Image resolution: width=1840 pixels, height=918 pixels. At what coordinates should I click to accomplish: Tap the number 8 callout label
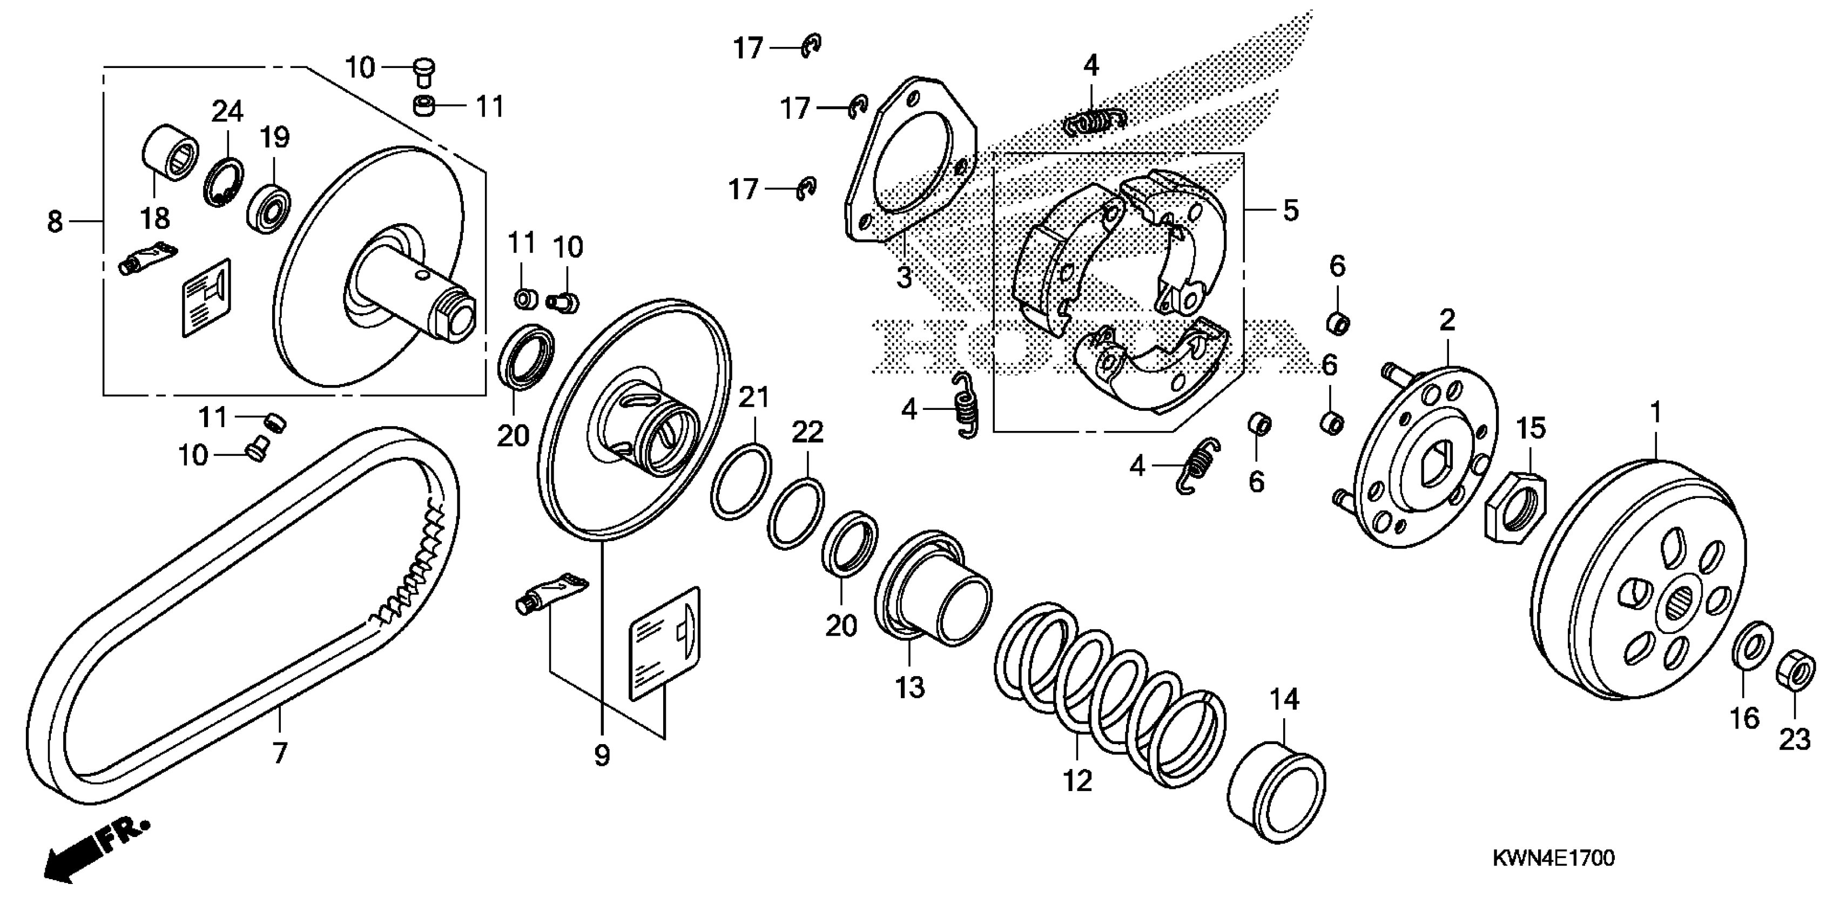tap(55, 222)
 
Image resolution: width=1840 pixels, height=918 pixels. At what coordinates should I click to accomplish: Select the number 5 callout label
tap(1290, 211)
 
